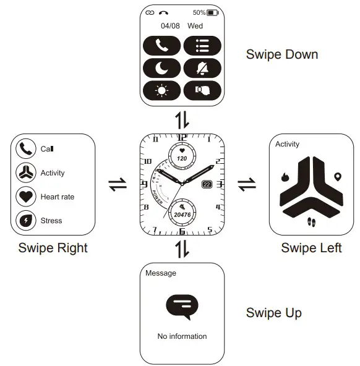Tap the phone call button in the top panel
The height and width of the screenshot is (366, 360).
(x=162, y=45)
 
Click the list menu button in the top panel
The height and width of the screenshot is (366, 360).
(x=202, y=45)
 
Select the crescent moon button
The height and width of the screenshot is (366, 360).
(x=162, y=67)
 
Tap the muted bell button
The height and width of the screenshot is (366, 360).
(x=202, y=67)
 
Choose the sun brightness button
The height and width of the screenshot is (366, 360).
(x=162, y=90)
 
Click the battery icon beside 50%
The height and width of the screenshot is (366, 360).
(x=213, y=12)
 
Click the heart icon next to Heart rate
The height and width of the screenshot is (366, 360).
(x=25, y=197)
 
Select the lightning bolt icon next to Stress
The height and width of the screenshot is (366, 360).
(x=25, y=220)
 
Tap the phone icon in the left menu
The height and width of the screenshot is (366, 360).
(x=25, y=149)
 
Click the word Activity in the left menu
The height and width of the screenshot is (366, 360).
(x=53, y=173)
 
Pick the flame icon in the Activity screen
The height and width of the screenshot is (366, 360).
(x=285, y=177)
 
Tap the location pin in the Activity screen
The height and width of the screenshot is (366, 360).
(x=337, y=177)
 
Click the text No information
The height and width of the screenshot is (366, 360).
(x=182, y=336)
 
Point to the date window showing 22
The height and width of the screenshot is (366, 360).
(x=206, y=184)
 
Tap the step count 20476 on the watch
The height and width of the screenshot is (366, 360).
(x=182, y=214)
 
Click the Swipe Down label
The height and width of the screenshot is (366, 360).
(x=281, y=54)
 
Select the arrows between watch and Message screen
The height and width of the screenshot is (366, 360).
(x=182, y=249)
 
